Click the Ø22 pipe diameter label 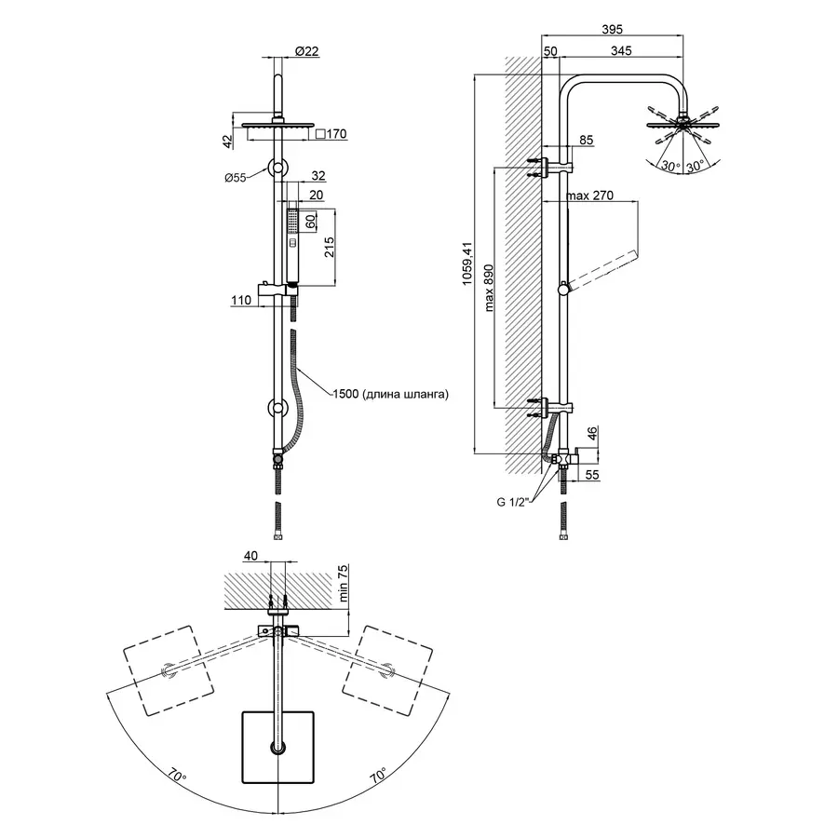[x=306, y=52]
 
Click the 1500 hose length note [x=391, y=394]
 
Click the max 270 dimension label [x=592, y=196]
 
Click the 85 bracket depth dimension [x=586, y=141]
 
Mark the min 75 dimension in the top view [x=342, y=584]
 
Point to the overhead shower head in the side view [x=685, y=120]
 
